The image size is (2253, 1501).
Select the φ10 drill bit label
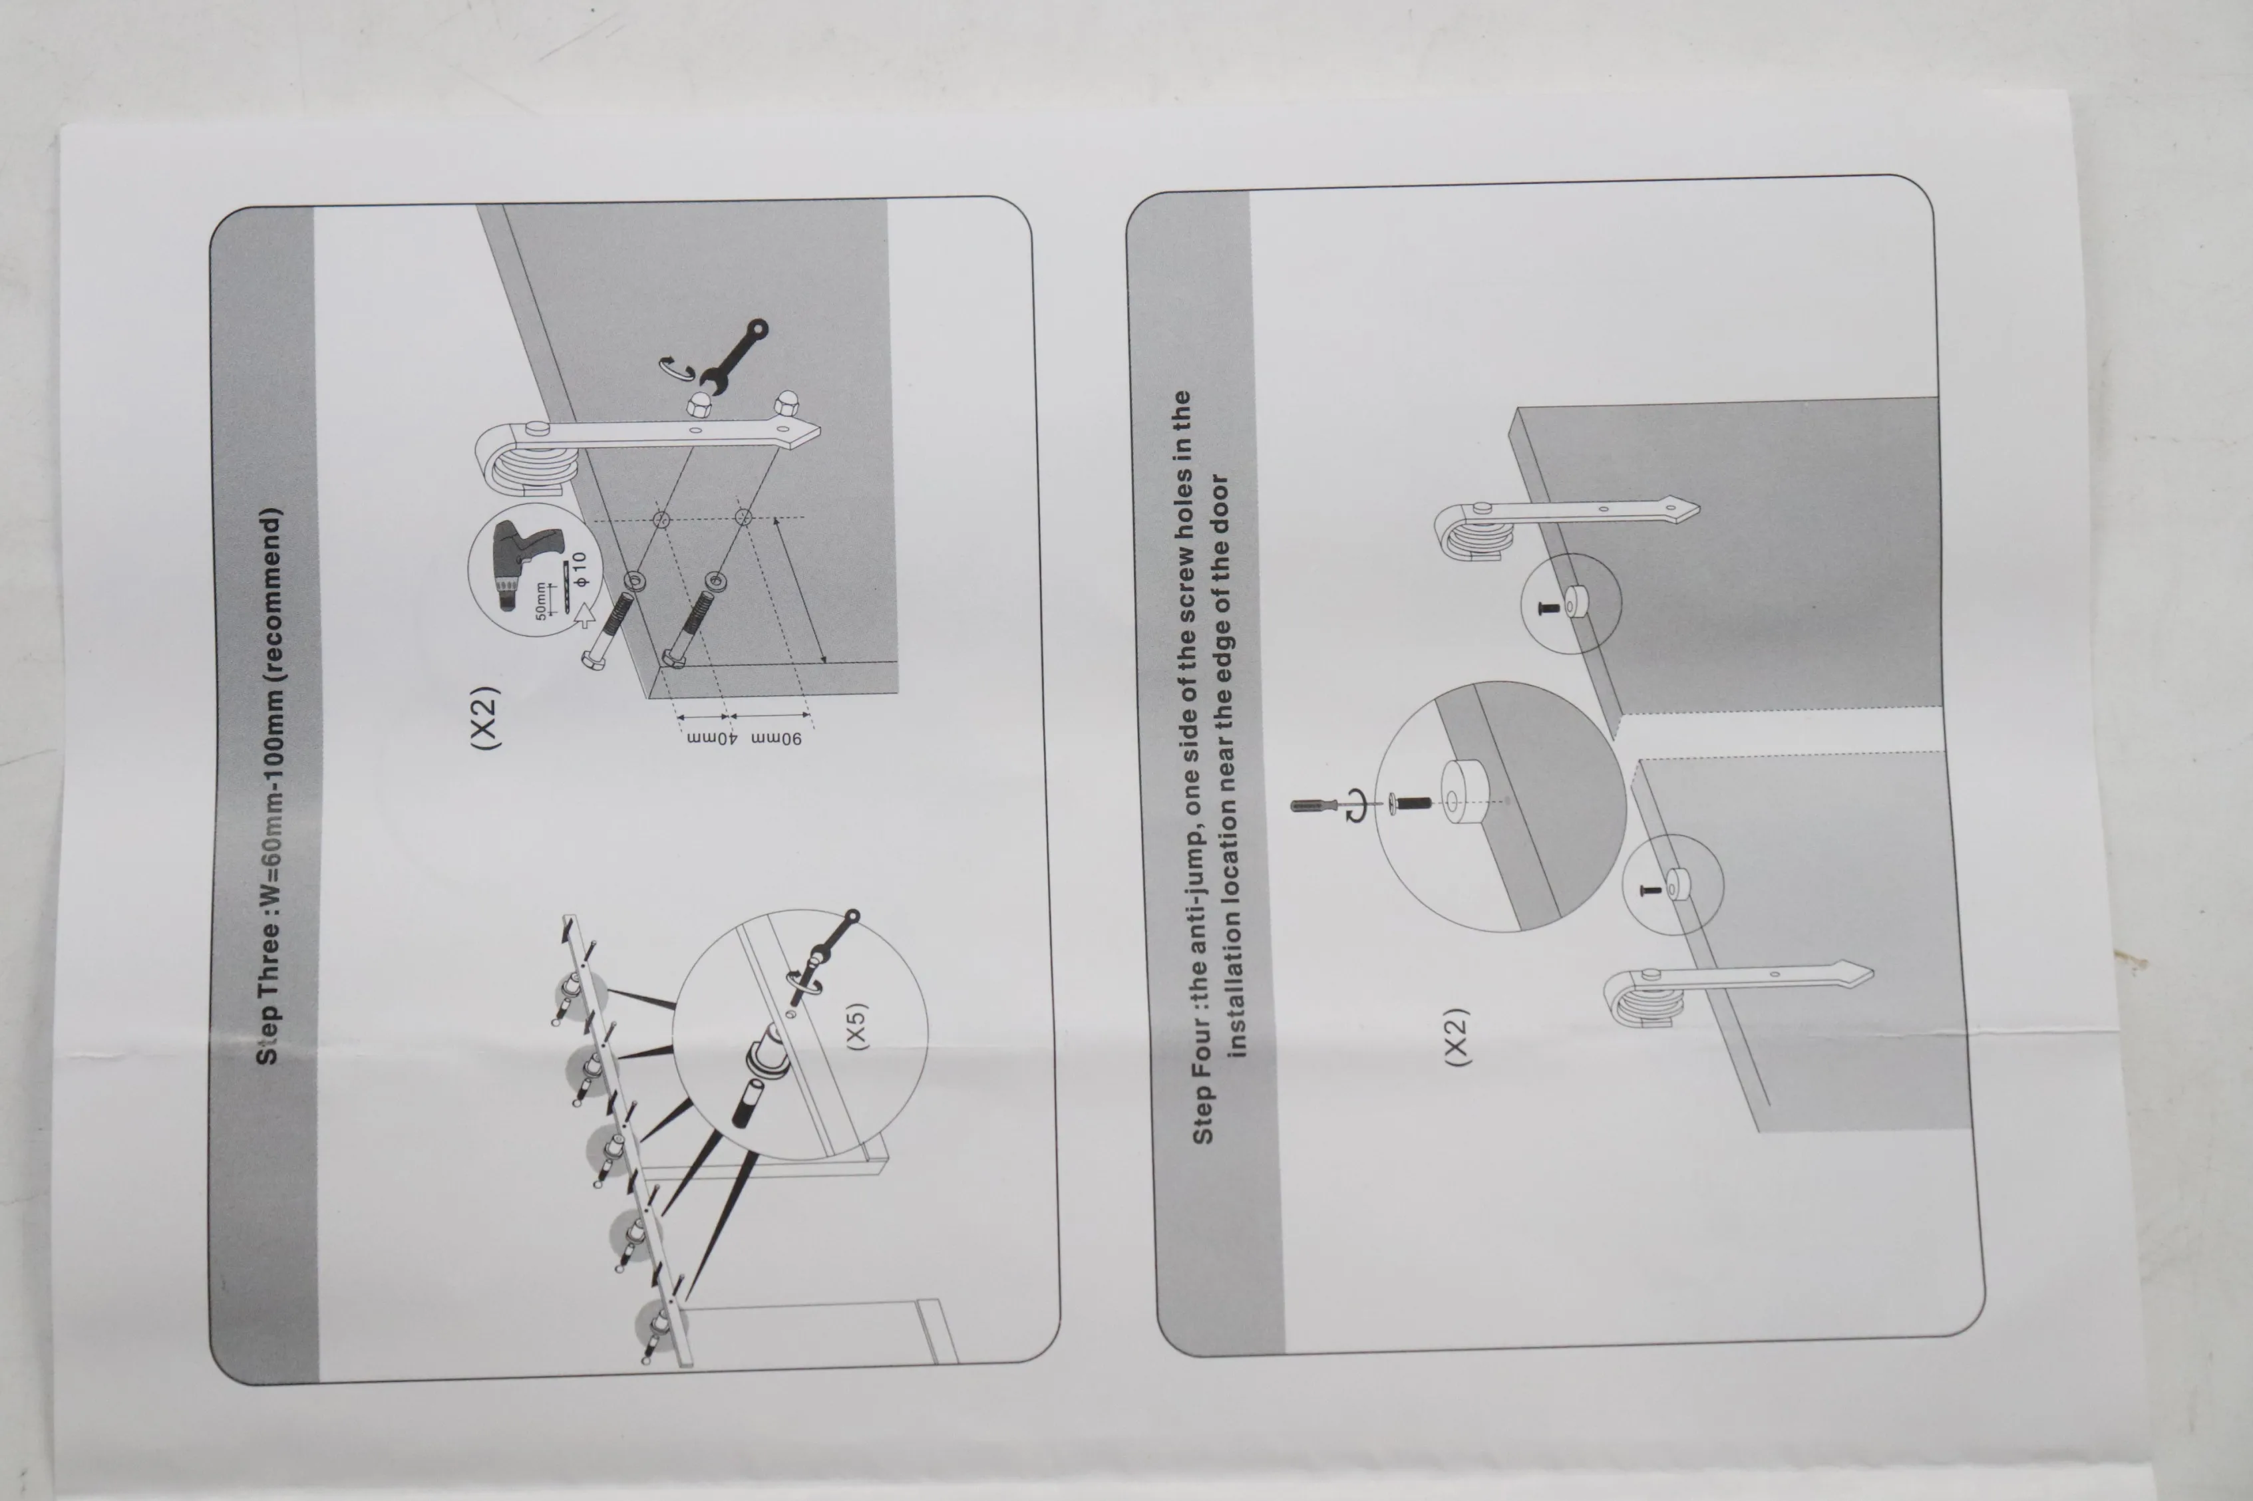click(x=580, y=571)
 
